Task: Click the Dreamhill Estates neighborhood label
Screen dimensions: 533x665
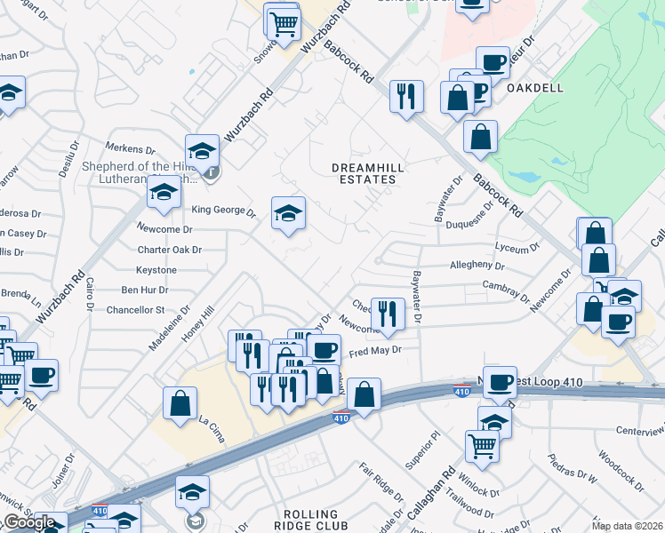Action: click(x=363, y=173)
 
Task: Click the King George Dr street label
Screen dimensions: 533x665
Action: click(x=224, y=211)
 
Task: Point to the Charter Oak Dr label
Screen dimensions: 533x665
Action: click(x=170, y=251)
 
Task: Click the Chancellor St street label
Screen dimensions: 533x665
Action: click(x=136, y=310)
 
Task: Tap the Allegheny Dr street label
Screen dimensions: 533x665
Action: click(x=477, y=266)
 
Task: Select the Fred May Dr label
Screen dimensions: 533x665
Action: click(x=375, y=352)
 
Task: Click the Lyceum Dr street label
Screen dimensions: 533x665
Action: click(x=517, y=248)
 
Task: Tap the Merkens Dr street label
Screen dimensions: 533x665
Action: click(x=130, y=147)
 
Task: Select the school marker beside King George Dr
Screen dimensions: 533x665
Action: click(x=288, y=213)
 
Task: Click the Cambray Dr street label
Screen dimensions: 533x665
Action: click(x=506, y=285)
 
